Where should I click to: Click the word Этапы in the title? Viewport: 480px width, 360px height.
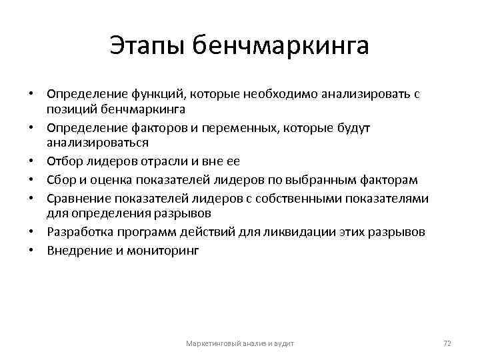coord(146,47)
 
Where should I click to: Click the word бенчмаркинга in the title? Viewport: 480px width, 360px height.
coord(280,47)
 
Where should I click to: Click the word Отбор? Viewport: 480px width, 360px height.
coord(64,161)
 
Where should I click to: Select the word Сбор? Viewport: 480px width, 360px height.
coord(60,180)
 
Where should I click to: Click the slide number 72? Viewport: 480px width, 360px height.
coord(447,343)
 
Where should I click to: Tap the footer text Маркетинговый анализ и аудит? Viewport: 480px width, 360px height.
coord(240,343)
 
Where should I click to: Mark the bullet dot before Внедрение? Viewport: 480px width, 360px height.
coord(31,252)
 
